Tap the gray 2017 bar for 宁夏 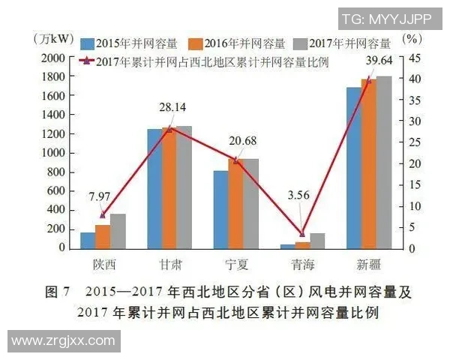tap(251, 203)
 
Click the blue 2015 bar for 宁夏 tap(220, 209)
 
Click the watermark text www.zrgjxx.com tap(63, 341)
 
